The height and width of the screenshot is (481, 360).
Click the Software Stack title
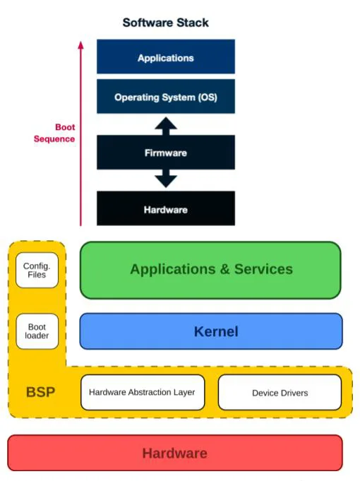click(x=165, y=23)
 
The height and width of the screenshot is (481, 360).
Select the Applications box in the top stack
click(x=165, y=57)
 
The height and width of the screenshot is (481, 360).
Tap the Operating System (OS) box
click(x=165, y=97)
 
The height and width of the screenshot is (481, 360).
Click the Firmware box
click(x=165, y=152)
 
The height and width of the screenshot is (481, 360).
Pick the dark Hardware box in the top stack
click(x=165, y=209)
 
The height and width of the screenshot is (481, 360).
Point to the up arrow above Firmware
click(x=166, y=126)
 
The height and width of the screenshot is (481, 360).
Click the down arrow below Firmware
click(x=166, y=179)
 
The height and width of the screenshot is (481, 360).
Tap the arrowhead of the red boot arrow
click(x=80, y=45)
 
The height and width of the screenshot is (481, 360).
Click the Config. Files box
click(x=37, y=270)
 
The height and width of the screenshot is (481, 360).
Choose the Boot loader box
click(x=37, y=331)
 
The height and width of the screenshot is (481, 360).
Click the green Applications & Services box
click(x=210, y=269)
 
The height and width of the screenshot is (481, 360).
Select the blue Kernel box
click(x=210, y=331)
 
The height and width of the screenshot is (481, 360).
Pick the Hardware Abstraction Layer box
click(x=142, y=393)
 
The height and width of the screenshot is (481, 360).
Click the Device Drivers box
click(x=280, y=393)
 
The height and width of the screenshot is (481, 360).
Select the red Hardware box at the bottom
click(x=174, y=453)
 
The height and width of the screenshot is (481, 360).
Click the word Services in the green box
click(x=263, y=269)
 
